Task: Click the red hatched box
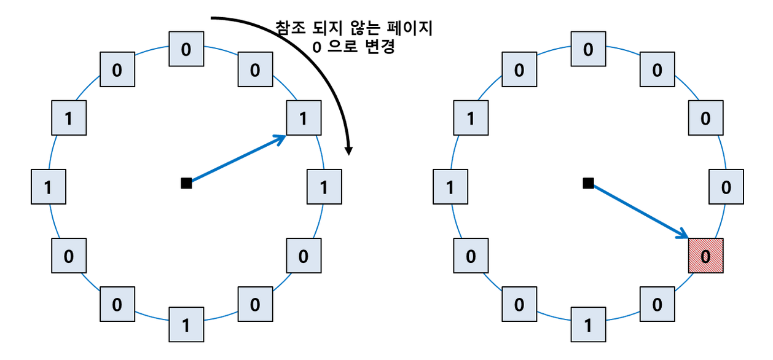tap(705, 255)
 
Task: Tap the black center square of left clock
tap(186, 182)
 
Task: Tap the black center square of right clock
tap(588, 182)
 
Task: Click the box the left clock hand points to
tap(303, 119)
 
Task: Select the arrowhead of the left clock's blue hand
tap(280, 138)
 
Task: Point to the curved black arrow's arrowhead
tap(349, 150)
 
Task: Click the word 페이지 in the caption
tap(412, 28)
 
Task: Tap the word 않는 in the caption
tap(366, 28)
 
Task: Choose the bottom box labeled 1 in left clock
tap(186, 324)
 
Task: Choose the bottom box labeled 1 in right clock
tap(588, 324)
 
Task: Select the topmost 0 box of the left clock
tap(186, 49)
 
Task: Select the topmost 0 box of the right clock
tap(588, 49)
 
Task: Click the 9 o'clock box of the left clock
tap(48, 187)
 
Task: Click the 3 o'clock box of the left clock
tap(324, 187)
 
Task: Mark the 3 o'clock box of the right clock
tap(726, 187)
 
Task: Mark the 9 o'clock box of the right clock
tap(450, 187)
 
